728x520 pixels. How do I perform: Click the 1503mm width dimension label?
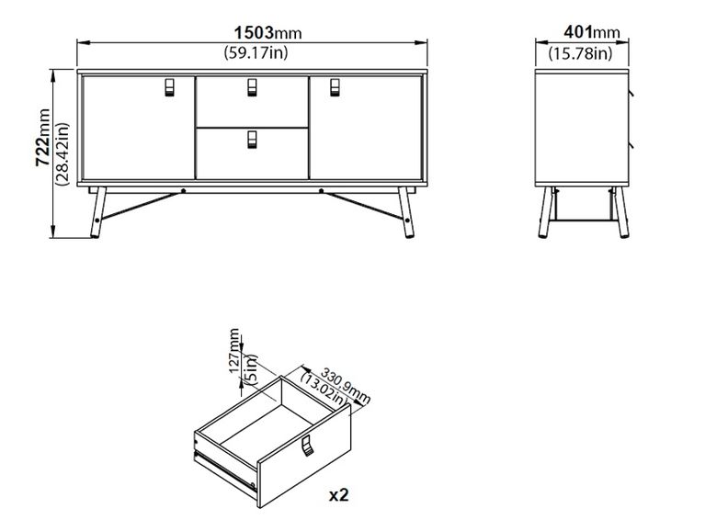pyautogui.click(x=267, y=32)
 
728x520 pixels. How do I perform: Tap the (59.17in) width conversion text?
pyautogui.click(x=256, y=52)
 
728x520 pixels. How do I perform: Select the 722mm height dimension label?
pyautogui.click(x=43, y=137)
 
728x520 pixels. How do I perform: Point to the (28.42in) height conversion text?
pyautogui.click(x=62, y=153)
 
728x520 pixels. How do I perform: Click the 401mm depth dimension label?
pyautogui.click(x=592, y=32)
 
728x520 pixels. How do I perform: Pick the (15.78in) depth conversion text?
pyautogui.click(x=580, y=53)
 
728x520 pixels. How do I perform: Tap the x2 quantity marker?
pyautogui.click(x=338, y=495)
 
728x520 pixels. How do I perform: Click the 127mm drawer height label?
pyautogui.click(x=235, y=351)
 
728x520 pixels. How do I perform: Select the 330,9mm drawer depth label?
pyautogui.click(x=346, y=386)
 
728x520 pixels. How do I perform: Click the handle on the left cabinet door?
pyautogui.click(x=169, y=87)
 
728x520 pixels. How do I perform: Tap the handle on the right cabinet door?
pyautogui.click(x=335, y=87)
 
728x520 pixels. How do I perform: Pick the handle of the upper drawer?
pyautogui.click(x=252, y=87)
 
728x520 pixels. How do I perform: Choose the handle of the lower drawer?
pyautogui.click(x=252, y=140)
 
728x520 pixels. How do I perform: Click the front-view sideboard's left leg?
pyautogui.click(x=98, y=212)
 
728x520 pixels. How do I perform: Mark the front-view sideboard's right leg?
pyautogui.click(x=405, y=212)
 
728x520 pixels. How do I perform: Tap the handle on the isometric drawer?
pyautogui.click(x=307, y=446)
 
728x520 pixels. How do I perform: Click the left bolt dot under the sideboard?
pyautogui.click(x=184, y=190)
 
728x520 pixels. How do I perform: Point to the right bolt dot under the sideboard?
pyautogui.click(x=321, y=190)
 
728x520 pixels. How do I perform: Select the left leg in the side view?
pyautogui.click(x=547, y=212)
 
